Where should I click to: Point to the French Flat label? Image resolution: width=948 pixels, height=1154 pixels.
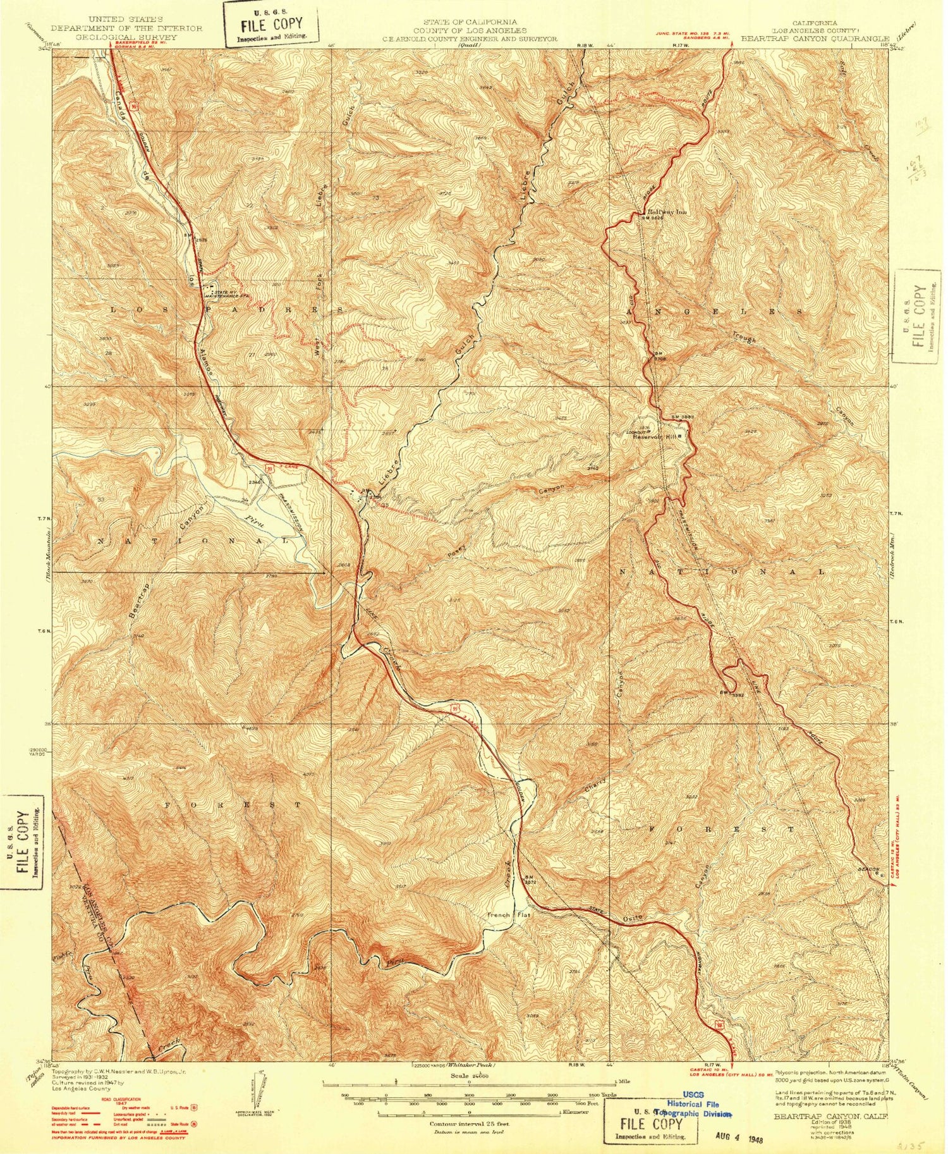[507, 915]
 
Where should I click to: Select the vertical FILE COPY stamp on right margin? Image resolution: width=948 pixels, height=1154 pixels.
[918, 316]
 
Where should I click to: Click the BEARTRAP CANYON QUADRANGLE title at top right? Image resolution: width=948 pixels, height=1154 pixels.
[815, 38]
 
